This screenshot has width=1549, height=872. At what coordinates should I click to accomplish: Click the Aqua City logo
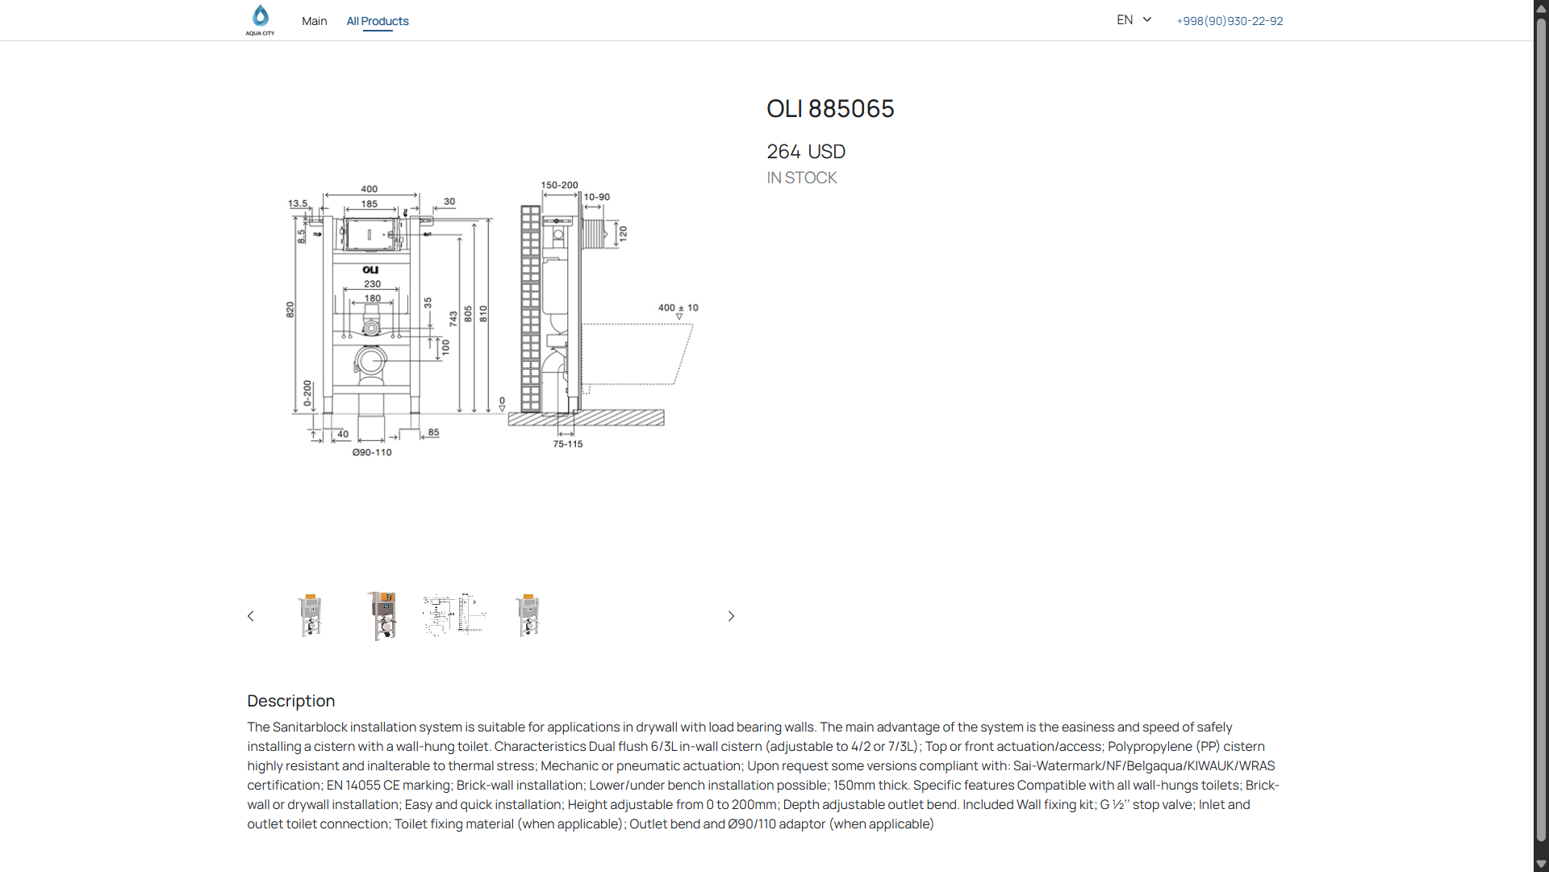pyautogui.click(x=260, y=20)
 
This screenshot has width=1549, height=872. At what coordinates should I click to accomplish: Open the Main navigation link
pyautogui.click(x=315, y=21)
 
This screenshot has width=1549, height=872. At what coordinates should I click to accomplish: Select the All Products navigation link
pyautogui.click(x=378, y=21)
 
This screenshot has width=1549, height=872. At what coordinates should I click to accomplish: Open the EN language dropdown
pyautogui.click(x=1134, y=19)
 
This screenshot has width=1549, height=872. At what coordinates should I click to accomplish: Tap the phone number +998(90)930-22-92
pyautogui.click(x=1230, y=21)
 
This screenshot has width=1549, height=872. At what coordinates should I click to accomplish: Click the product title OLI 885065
pyautogui.click(x=830, y=109)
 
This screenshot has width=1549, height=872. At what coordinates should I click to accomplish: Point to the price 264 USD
pyautogui.click(x=806, y=152)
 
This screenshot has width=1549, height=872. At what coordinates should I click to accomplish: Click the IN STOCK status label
pyautogui.click(x=802, y=178)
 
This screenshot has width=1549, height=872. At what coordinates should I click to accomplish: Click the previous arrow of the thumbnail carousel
pyautogui.click(x=251, y=616)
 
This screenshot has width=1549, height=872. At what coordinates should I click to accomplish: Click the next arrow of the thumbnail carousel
pyautogui.click(x=731, y=616)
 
